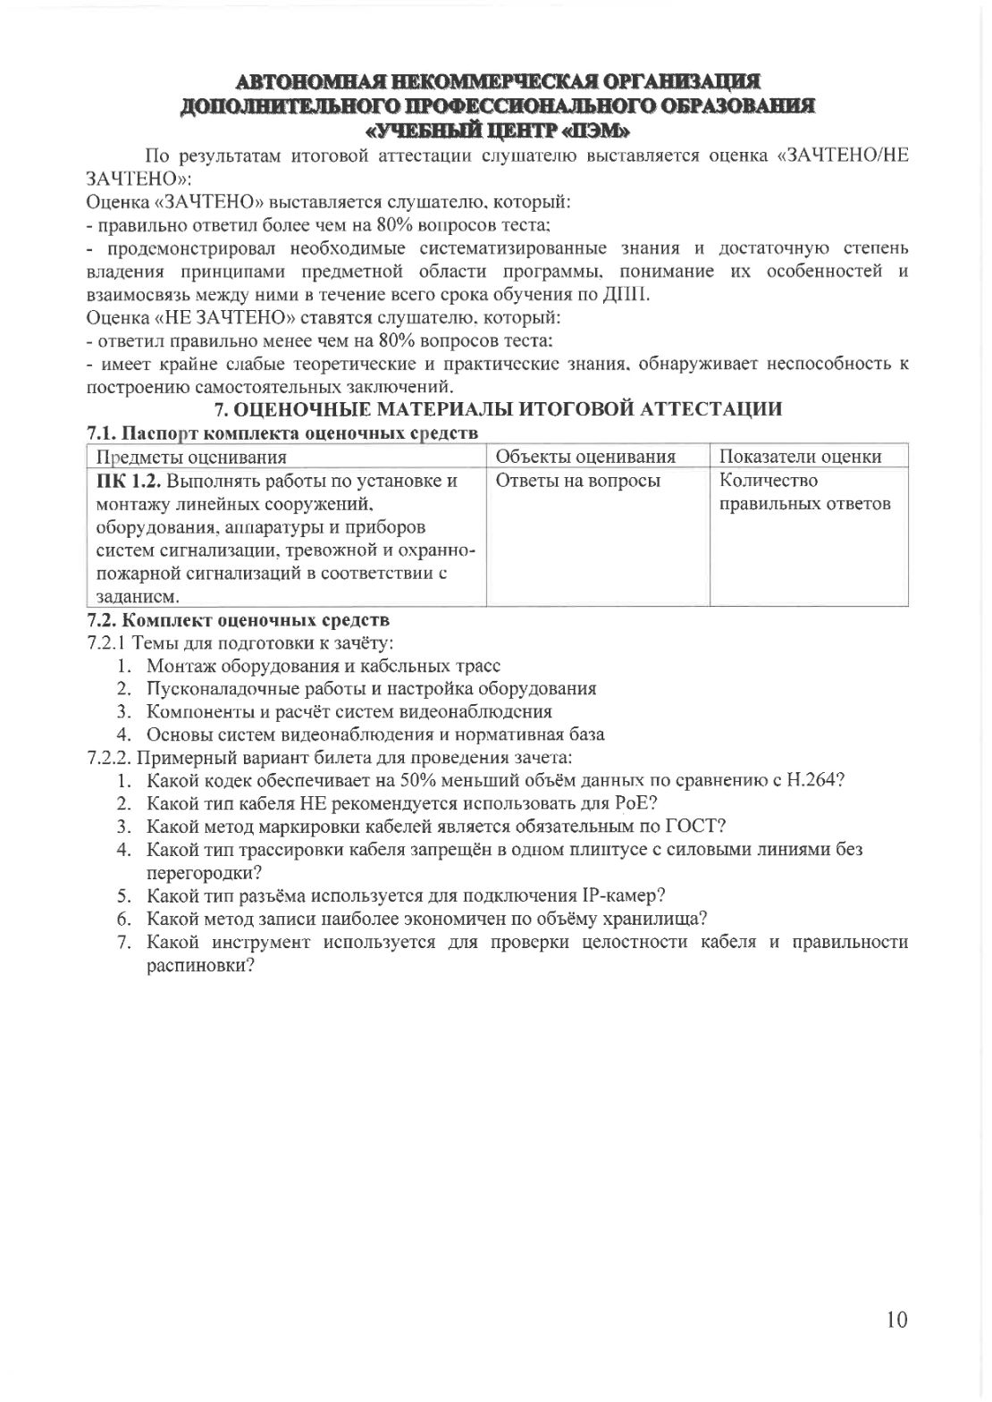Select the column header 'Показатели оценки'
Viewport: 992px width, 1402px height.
800,458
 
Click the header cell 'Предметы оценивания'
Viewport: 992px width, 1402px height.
191,458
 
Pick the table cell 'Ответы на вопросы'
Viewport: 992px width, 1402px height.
577,481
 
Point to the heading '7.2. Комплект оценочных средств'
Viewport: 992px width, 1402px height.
238,619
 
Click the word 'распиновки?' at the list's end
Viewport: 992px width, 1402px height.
202,965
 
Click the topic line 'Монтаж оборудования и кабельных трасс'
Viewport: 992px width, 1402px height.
323,666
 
